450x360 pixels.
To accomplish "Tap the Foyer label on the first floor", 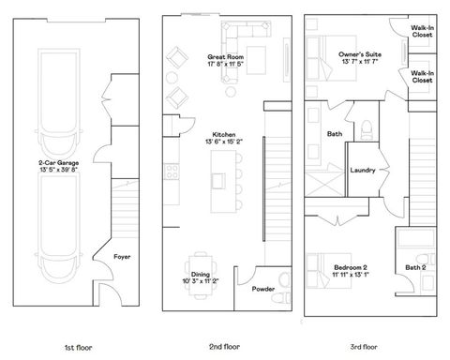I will [x=122, y=255].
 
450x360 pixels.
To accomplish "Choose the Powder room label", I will [x=263, y=289].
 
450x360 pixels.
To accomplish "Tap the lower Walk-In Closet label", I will [x=422, y=77].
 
